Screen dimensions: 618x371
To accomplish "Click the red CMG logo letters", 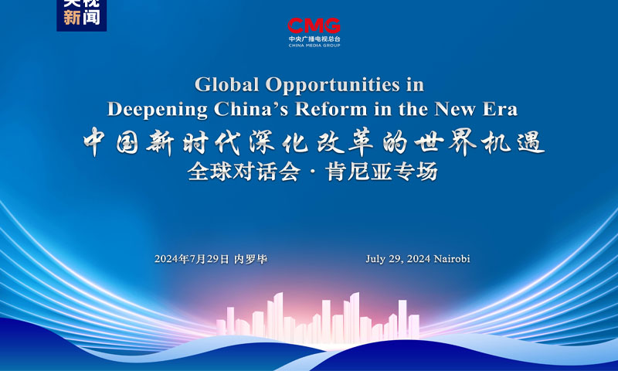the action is click(x=314, y=26).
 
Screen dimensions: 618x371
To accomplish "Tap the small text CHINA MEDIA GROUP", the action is click(x=314, y=46).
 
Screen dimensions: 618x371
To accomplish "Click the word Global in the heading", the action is click(x=227, y=84).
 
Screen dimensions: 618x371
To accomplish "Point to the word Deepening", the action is click(x=158, y=110).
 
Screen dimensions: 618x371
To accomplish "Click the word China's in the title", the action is click(x=252, y=109).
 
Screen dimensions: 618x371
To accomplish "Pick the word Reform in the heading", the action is click(x=331, y=109).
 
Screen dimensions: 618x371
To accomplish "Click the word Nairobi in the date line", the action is click(x=452, y=259).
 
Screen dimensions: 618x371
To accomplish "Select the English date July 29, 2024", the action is click(x=398, y=259).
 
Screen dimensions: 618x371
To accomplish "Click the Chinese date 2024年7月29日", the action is click(x=192, y=259).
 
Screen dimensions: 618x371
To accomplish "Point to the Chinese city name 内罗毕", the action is click(x=250, y=259).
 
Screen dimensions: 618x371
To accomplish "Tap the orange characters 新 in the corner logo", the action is click(x=72, y=18).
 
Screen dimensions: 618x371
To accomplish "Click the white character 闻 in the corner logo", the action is click(x=91, y=18).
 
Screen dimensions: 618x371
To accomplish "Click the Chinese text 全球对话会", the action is click(x=244, y=172).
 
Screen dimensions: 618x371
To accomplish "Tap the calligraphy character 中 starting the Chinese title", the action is click(x=94, y=141).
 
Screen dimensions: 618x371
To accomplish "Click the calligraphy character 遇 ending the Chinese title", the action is click(x=531, y=142).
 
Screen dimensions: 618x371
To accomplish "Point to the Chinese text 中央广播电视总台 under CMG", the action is click(x=314, y=39).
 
